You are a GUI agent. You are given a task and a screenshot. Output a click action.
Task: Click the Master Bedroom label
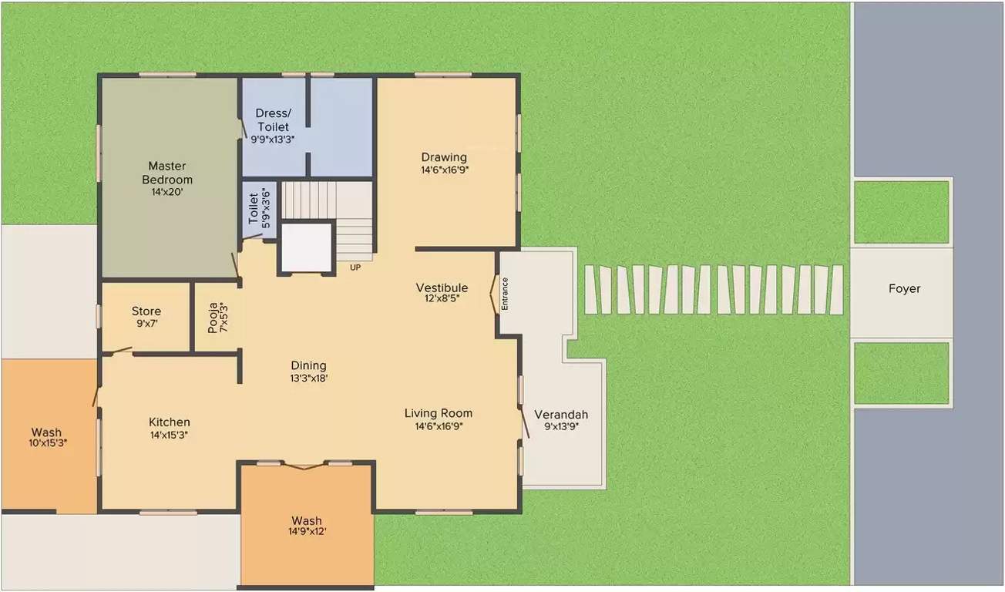click(x=167, y=173)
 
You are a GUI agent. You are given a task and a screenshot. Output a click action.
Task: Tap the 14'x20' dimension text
click(x=167, y=193)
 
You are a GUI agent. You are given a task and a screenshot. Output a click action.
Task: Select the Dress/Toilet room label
click(x=273, y=120)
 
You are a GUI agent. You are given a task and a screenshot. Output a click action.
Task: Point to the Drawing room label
click(x=444, y=157)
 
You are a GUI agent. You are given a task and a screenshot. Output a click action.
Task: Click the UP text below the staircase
click(x=355, y=267)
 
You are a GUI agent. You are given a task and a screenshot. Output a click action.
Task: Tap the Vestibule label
click(x=442, y=288)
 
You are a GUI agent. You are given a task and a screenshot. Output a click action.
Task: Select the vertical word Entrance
click(x=506, y=294)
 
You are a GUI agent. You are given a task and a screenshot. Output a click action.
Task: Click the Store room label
click(x=146, y=311)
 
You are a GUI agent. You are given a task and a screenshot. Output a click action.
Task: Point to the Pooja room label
click(x=213, y=318)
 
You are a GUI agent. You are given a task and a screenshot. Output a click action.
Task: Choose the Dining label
click(x=308, y=365)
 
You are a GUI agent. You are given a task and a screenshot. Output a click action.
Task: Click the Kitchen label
click(x=170, y=422)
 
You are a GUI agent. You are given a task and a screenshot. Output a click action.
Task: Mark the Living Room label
click(x=439, y=413)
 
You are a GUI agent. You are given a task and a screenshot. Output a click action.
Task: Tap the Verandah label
click(x=561, y=414)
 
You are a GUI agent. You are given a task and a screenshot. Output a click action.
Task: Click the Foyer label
click(x=904, y=289)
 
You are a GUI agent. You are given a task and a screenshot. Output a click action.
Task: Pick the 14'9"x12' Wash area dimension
click(x=307, y=533)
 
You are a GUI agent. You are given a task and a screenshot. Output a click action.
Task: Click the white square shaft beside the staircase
click(x=306, y=247)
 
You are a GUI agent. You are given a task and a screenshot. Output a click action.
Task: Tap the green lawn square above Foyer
click(x=902, y=211)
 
